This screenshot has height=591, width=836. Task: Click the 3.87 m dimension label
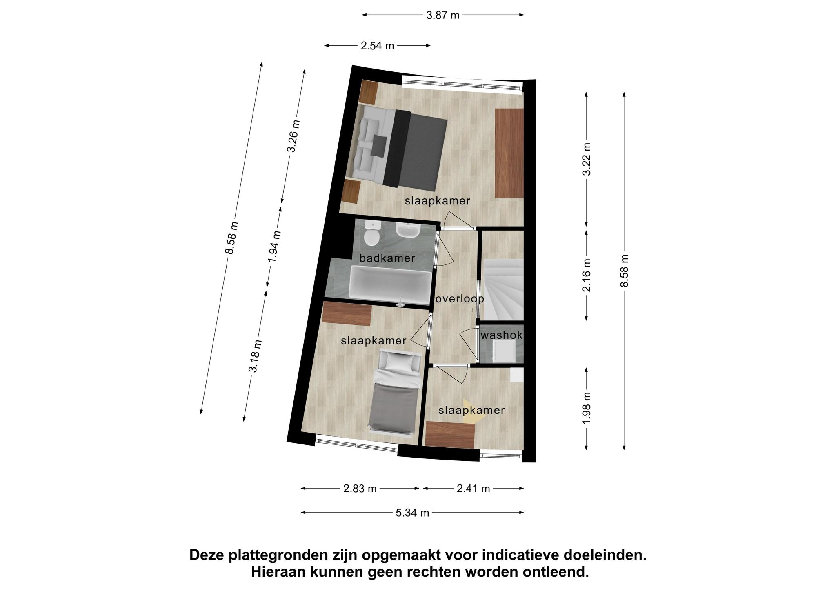443,16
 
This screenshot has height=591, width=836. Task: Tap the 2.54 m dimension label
377,46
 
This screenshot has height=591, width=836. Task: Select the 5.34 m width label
412,513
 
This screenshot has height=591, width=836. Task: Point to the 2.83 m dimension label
360,489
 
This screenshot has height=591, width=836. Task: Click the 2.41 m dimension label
473,489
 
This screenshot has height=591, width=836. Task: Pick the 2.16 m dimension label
587,275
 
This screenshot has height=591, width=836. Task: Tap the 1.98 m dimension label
587,408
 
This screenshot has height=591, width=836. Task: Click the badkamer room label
387,258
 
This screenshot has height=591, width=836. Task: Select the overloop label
460,299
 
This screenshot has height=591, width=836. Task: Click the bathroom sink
407,230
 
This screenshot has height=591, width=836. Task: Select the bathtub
390,285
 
